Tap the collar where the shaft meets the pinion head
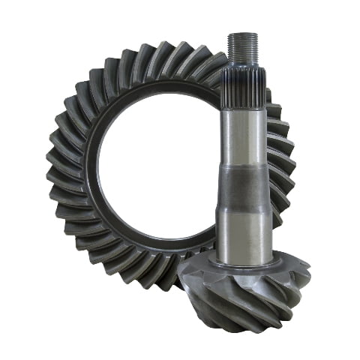click(244, 262)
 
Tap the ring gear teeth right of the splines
click(274, 105)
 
